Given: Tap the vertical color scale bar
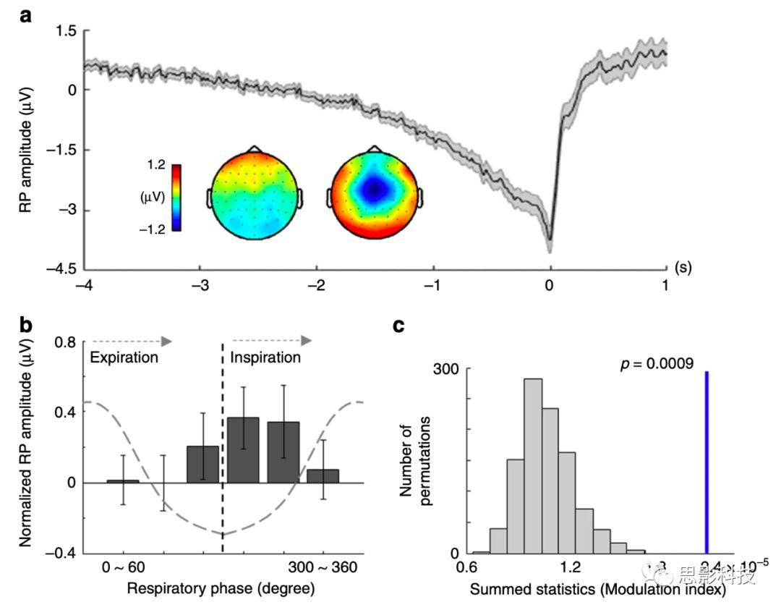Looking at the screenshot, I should click(x=176, y=198).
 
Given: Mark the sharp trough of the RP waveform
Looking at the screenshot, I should click(x=550, y=240).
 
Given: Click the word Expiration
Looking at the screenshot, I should click(x=123, y=357).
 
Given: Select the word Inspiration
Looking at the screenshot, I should click(x=265, y=357).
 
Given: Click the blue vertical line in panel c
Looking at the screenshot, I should click(x=706, y=463).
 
